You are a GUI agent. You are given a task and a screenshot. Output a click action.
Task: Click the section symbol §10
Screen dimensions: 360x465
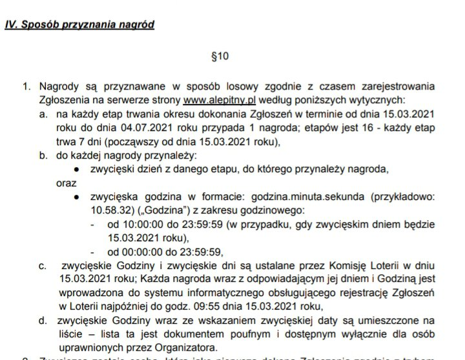click(x=220, y=56)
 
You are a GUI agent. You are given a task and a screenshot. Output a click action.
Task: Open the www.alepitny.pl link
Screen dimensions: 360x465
click(x=220, y=101)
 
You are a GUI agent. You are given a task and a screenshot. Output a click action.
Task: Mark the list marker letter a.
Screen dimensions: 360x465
click(x=43, y=114)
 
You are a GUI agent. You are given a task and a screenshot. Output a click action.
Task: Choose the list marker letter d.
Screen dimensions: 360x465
click(x=43, y=320)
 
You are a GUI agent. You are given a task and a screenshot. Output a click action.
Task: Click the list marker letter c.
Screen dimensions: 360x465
click(x=43, y=265)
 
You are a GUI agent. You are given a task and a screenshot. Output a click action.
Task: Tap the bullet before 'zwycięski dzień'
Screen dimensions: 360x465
click(x=77, y=169)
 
